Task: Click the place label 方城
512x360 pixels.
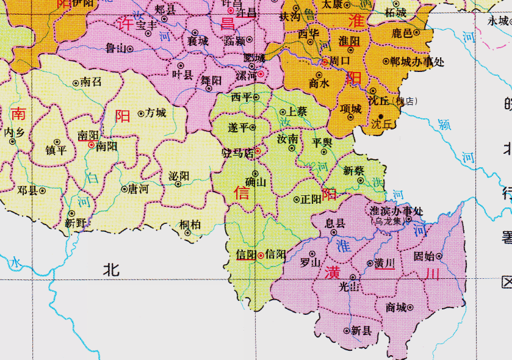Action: tap(156, 113)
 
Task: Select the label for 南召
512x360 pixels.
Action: tap(91, 82)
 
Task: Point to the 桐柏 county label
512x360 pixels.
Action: tap(190, 224)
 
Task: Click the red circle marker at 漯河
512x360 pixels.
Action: tap(261, 74)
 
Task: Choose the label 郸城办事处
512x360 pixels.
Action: tap(417, 61)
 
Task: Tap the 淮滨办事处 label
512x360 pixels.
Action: tap(397, 211)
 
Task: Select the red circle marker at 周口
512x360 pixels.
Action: tap(325, 61)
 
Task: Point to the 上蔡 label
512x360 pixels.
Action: tap(297, 112)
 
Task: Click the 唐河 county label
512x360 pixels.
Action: tap(137, 189)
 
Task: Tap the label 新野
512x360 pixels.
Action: tap(78, 223)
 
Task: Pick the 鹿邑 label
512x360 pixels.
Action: tap(402, 33)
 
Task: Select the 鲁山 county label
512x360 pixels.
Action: tap(115, 48)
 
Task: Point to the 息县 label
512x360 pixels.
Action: tap(334, 223)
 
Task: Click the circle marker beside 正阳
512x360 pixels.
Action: tap(297, 200)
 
